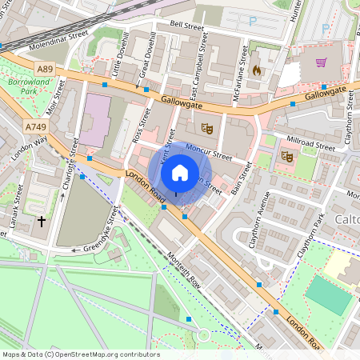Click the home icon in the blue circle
180,172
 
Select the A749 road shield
34,126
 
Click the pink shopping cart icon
321,62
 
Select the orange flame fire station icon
256,70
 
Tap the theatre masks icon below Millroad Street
286,157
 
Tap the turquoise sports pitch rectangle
328,294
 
